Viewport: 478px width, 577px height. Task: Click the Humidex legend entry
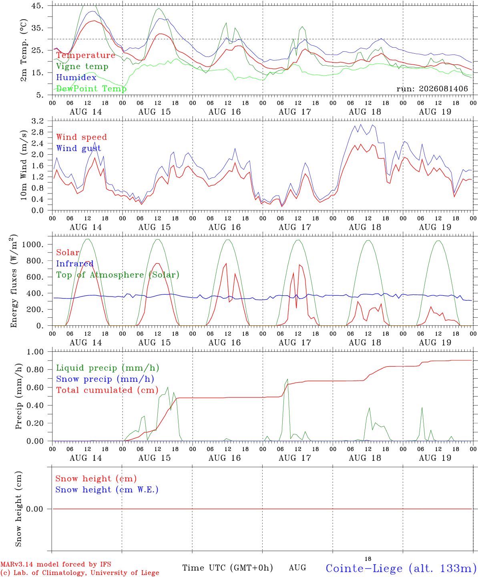click(x=76, y=77)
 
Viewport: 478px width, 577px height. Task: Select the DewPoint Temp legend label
click(x=91, y=89)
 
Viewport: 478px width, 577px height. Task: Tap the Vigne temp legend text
click(x=82, y=67)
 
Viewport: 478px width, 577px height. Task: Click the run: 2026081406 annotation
click(x=432, y=89)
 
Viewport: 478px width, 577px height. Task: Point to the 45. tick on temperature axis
click(x=37, y=6)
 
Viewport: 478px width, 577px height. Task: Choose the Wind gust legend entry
click(x=79, y=148)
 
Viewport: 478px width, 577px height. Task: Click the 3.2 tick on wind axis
click(x=38, y=121)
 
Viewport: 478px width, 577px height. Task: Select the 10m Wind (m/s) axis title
click(x=24, y=165)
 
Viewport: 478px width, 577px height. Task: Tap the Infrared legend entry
click(x=75, y=264)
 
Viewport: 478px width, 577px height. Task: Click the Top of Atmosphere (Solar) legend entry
click(x=118, y=275)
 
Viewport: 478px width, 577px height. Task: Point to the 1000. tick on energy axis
click(x=33, y=244)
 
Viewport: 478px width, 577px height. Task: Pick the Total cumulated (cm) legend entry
click(x=107, y=390)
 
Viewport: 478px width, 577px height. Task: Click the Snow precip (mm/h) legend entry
click(x=105, y=379)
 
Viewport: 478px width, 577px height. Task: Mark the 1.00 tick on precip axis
click(x=35, y=352)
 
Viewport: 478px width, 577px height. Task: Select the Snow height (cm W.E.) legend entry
click(x=107, y=490)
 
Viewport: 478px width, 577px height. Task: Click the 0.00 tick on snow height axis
click(x=34, y=509)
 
